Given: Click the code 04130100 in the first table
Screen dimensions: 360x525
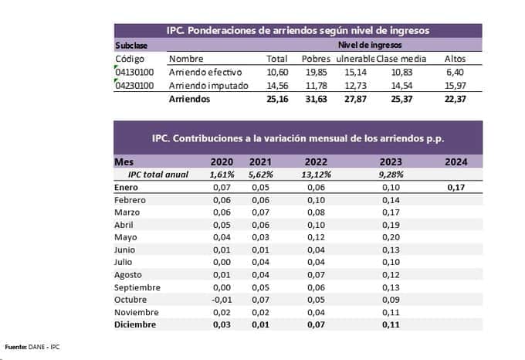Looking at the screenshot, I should click(x=134, y=72).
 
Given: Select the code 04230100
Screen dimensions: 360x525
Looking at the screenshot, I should click(x=134, y=86).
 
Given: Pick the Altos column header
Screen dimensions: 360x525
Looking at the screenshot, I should click(x=456, y=59).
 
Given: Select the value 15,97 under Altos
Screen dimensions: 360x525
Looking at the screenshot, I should click(x=456, y=86).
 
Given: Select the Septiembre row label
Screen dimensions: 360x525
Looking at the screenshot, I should click(x=140, y=287).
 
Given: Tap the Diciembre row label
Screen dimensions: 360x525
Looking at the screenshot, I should click(x=135, y=324).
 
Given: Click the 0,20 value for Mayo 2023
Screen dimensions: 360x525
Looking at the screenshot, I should click(x=391, y=237).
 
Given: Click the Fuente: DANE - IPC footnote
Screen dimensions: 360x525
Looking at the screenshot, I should click(x=32, y=345).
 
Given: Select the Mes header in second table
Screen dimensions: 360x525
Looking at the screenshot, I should click(x=124, y=162).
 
